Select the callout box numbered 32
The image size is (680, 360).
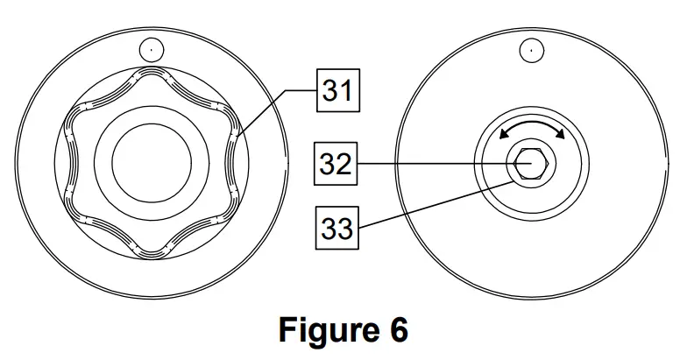(336, 163)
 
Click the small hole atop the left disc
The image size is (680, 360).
(151, 49)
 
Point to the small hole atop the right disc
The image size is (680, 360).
(528, 50)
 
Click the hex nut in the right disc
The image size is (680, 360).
(528, 163)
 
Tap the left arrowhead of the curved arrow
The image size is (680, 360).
(500, 134)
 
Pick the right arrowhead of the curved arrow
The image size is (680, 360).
(559, 134)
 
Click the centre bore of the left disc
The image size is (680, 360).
(151, 163)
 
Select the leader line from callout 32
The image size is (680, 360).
(429, 163)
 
